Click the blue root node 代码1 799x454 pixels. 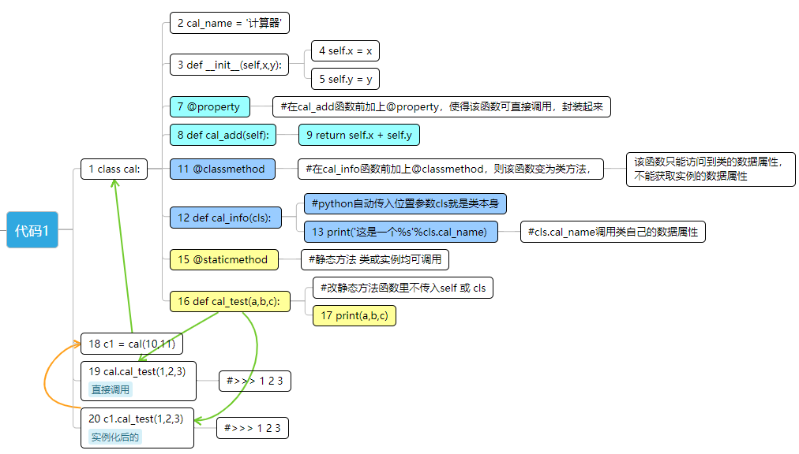(x=32, y=230)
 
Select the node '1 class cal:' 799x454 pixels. (x=114, y=169)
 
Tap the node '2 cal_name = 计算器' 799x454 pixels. (x=230, y=23)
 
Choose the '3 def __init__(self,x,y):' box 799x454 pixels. (x=230, y=65)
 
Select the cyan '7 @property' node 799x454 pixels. (x=209, y=106)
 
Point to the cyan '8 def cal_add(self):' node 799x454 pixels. (x=223, y=135)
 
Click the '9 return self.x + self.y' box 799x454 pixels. (x=359, y=135)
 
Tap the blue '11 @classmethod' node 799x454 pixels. (x=223, y=168)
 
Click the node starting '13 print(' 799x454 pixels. (x=401, y=231)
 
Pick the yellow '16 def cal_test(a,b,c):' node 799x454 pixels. (x=230, y=301)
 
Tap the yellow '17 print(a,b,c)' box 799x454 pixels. (x=354, y=315)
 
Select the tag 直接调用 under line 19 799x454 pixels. (x=111, y=389)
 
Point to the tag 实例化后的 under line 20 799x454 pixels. (x=115, y=437)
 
